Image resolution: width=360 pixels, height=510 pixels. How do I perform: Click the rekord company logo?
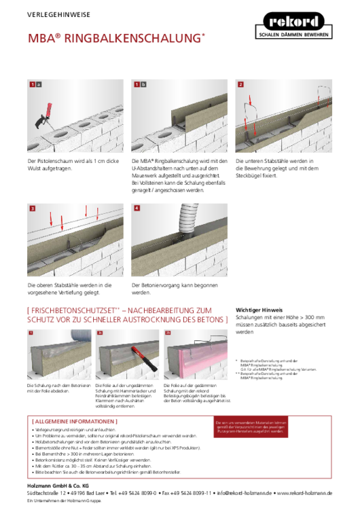(x=293, y=21)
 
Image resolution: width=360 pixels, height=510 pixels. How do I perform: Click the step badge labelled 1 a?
(x=35, y=84)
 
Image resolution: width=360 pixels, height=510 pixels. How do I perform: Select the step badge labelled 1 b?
(x=139, y=84)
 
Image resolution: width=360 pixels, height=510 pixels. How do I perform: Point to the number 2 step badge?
(x=240, y=84)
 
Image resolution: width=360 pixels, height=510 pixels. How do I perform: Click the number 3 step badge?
(x=32, y=208)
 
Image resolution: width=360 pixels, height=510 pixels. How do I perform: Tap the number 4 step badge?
(x=136, y=208)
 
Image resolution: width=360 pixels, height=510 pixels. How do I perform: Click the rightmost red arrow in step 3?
(x=98, y=210)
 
